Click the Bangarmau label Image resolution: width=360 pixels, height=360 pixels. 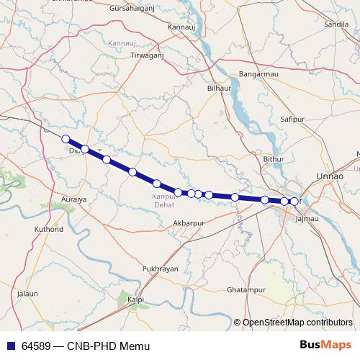(x=258, y=74)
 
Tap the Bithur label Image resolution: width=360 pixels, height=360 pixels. (x=275, y=158)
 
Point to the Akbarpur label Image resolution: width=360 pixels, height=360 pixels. (x=189, y=224)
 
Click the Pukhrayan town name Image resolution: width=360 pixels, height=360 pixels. (x=161, y=268)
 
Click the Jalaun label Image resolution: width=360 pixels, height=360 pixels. (x=27, y=294)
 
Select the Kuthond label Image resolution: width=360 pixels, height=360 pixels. (x=49, y=230)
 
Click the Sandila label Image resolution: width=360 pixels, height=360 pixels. (x=337, y=24)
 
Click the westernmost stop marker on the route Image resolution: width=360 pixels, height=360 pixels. (x=66, y=139)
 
